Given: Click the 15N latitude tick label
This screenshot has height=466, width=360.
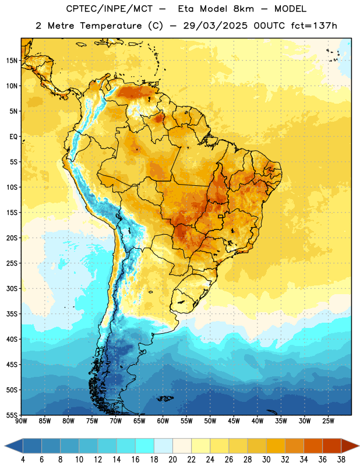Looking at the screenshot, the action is pos(12,61).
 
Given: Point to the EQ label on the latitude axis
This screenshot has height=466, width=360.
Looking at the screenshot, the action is pos(13,137).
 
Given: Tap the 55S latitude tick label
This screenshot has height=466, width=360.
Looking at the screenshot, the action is pos(12,415).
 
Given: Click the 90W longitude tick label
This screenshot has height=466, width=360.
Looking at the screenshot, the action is pos(21,421).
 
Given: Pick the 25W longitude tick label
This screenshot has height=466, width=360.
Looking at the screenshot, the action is pos(328,421).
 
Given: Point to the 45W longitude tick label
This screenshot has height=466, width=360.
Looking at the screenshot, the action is pos(234,421).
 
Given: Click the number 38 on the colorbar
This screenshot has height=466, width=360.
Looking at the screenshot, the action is pos(341,460).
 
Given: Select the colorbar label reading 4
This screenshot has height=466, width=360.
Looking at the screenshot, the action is pos(23,460).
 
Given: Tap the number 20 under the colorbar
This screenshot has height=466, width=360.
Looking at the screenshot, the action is pos(172,460).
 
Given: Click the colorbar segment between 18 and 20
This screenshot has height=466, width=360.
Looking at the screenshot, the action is pos(163,446).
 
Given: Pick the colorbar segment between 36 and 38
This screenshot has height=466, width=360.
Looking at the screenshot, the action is pos(332,446).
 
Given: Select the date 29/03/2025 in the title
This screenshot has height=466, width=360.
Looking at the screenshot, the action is pos(215,26).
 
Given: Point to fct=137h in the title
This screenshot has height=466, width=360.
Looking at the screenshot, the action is pos(314,26).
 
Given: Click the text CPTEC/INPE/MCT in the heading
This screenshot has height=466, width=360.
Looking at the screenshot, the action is pos(109,9).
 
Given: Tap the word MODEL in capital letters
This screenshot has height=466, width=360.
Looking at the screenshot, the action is pos(290,9).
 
